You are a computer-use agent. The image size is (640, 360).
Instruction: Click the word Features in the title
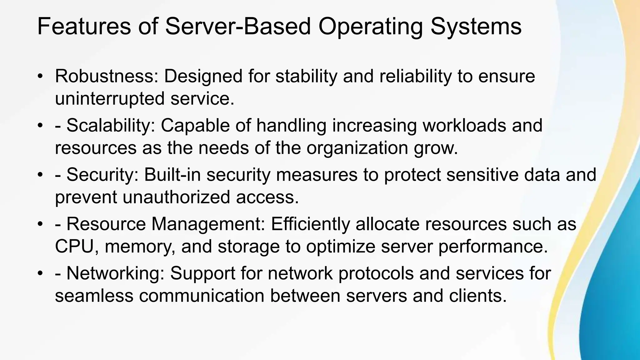point(84,26)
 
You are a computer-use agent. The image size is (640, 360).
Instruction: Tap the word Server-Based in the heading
point(238,26)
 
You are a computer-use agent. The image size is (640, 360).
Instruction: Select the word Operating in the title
point(371,27)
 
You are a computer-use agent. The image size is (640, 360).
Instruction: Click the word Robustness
point(107,76)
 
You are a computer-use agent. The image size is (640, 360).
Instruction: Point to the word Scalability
point(111,125)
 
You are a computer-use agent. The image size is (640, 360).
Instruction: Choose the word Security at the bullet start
point(102,174)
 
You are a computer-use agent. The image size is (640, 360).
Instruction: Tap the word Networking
point(115,273)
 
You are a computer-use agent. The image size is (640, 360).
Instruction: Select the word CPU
point(74,247)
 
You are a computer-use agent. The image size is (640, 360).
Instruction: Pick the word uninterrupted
point(110,99)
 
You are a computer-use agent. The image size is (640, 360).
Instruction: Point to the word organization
point(357,148)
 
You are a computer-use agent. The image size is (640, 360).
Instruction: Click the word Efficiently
point(310,224)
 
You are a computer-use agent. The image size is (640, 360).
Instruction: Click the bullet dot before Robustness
point(40,77)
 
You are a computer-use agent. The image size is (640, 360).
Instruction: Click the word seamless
point(94,296)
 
